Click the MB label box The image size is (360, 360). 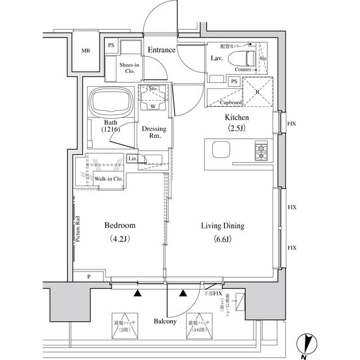pyautogui.click(x=85, y=51)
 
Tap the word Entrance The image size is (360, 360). pyautogui.click(x=162, y=50)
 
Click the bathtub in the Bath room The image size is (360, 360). pyautogui.click(x=111, y=102)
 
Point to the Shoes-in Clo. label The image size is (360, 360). pyautogui.click(x=130, y=68)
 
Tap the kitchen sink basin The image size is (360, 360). pyautogui.click(x=220, y=151)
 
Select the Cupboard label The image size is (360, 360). pyautogui.click(x=231, y=102)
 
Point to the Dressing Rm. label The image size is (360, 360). pyautogui.click(x=153, y=132)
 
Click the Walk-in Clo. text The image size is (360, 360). pyautogui.click(x=109, y=179)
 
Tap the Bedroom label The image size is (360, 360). pyautogui.click(x=120, y=226)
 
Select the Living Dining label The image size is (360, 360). pyautogui.click(x=223, y=226)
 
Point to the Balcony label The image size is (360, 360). pyautogui.click(x=165, y=322)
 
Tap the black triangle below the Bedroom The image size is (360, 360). pyautogui.click(x=137, y=293)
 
